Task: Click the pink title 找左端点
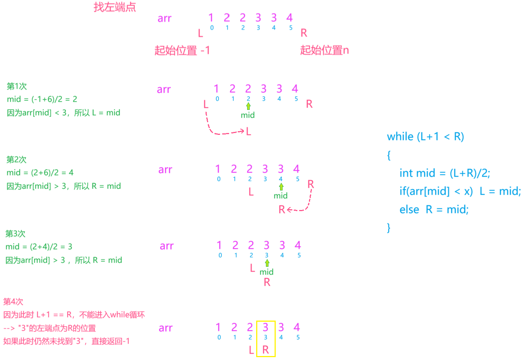(x=115, y=7)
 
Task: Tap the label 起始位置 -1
(x=182, y=50)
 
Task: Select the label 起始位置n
(x=324, y=50)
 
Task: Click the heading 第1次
(x=17, y=86)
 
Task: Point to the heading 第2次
(x=16, y=160)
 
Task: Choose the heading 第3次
(x=15, y=234)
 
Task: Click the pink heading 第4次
(x=13, y=302)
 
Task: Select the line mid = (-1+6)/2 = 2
(x=42, y=99)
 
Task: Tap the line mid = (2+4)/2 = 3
(x=39, y=247)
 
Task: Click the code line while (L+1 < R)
(x=425, y=137)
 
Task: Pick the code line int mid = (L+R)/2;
(x=444, y=173)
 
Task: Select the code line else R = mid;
(x=434, y=210)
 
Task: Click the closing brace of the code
(x=389, y=228)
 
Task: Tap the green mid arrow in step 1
(x=248, y=106)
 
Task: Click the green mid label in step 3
(x=266, y=272)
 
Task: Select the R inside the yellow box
(x=266, y=350)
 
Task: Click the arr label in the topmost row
(x=164, y=18)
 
